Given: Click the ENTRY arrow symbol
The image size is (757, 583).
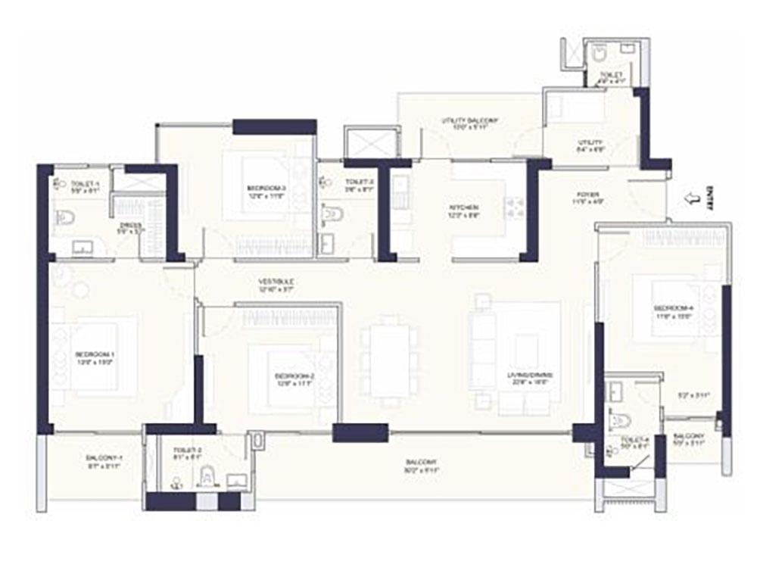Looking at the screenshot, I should (x=690, y=199).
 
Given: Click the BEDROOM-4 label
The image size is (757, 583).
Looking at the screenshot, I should (x=673, y=308).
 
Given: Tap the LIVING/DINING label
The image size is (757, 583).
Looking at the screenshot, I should (x=530, y=376).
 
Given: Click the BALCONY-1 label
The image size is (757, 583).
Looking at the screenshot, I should (x=104, y=459).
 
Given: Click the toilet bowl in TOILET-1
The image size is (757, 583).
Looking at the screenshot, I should (x=66, y=219).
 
